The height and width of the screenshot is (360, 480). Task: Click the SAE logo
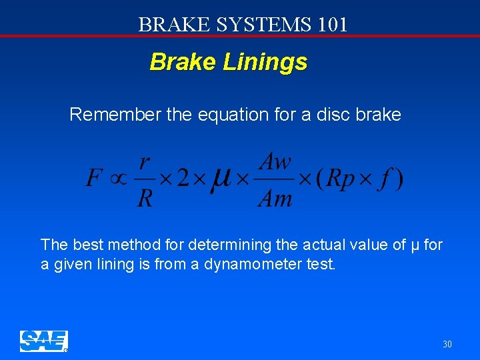coord(43,341)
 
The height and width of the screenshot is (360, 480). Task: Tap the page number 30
coord(447,345)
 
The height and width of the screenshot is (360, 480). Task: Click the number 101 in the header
coord(333,25)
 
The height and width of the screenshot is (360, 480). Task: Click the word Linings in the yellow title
coord(265,62)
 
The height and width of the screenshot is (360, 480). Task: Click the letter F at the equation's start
coord(95,178)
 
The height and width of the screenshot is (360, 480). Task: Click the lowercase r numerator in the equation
coord(145,162)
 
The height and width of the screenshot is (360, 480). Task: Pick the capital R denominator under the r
coord(145,198)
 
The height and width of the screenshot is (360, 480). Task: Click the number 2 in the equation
coord(183,179)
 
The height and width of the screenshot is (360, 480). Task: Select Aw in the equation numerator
coord(275,161)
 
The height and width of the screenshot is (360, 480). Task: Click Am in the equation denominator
coord(275,198)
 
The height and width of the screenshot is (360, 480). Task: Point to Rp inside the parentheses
coord(343,179)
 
